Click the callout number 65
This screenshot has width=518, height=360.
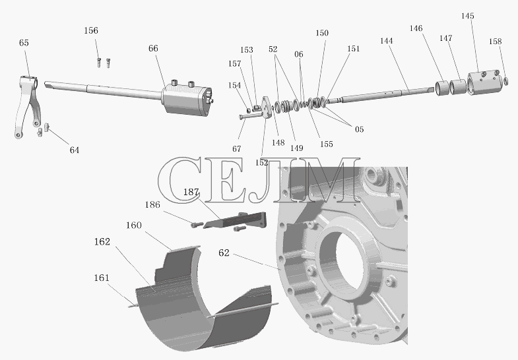(24, 43)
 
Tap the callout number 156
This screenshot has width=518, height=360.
(91, 31)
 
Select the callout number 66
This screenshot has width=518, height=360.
(153, 49)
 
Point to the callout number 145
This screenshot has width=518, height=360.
(467, 16)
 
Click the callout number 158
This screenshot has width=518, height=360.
(495, 42)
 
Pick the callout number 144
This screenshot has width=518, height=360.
(386, 41)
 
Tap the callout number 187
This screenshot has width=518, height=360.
(191, 192)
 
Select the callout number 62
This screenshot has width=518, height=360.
(224, 253)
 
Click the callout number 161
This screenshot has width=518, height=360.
(102, 278)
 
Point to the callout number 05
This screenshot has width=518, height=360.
(359, 130)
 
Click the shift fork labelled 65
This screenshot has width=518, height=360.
(28, 105)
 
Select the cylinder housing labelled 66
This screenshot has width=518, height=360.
(187, 99)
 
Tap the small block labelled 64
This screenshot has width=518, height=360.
(47, 127)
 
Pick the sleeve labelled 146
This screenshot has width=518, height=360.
(441, 88)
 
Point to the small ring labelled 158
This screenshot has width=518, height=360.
(505, 81)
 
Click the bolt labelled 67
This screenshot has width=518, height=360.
(251, 115)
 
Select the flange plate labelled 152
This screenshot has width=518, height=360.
(267, 107)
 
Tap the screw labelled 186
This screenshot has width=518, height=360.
(197, 225)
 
